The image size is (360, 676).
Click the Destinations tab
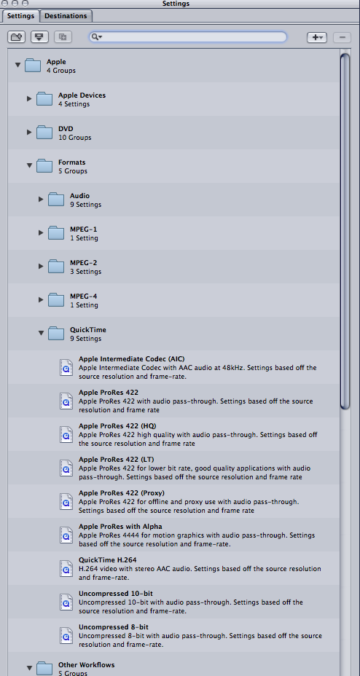[66, 16]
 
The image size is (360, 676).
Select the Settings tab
[20, 16]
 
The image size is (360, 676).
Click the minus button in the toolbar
[343, 37]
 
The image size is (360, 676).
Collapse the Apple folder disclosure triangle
[17, 65]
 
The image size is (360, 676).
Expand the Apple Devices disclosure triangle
[29, 99]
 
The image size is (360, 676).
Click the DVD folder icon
[44, 133]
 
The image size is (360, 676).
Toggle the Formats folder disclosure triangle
[29, 165]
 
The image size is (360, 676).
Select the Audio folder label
[79, 196]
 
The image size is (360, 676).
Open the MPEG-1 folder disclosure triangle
[41, 233]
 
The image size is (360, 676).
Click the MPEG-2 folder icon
[56, 267]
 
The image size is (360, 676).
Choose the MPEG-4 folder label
[84, 296]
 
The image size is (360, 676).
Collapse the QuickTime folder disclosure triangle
[41, 333]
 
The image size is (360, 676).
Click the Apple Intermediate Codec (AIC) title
[131, 358]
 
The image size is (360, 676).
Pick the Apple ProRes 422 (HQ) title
[117, 426]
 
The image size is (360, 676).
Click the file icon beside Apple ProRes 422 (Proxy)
[66, 501]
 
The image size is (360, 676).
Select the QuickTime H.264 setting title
[107, 560]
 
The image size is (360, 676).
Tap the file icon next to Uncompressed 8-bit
[66, 635]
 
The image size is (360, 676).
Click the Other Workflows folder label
[86, 665]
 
